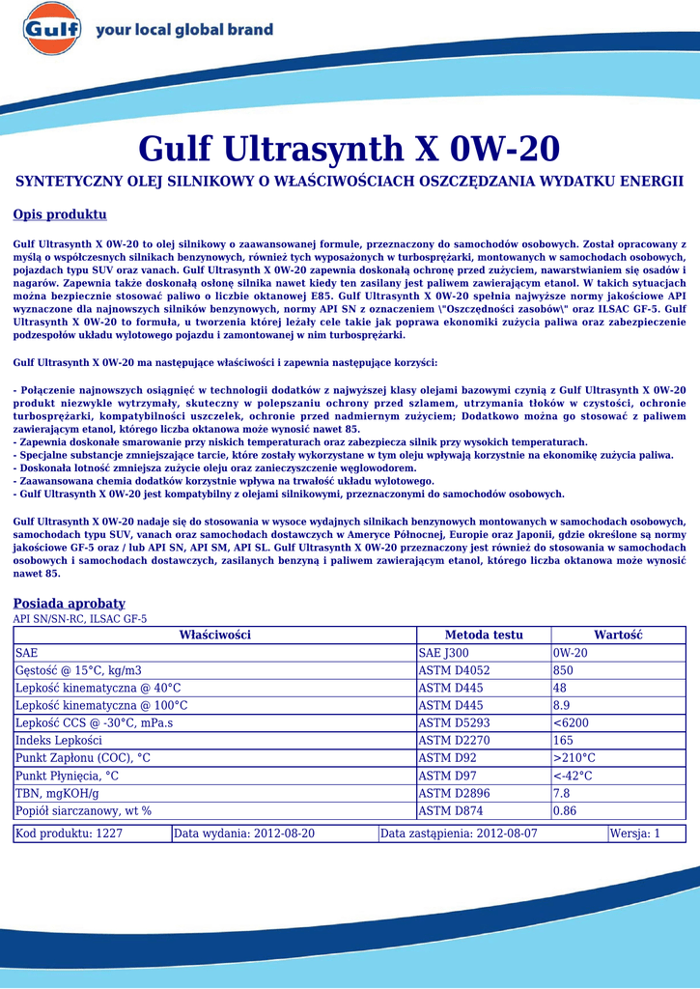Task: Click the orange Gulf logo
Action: pyautogui.click(x=51, y=29)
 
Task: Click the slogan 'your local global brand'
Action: pyautogui.click(x=183, y=30)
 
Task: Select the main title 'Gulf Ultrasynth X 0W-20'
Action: pyautogui.click(x=349, y=149)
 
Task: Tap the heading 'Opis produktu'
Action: pyautogui.click(x=60, y=214)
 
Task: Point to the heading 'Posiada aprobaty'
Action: pyautogui.click(x=69, y=603)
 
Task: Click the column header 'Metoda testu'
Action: pyautogui.click(x=483, y=635)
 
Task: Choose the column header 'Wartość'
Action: pyautogui.click(x=618, y=635)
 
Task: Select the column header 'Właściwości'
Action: pyautogui.click(x=214, y=635)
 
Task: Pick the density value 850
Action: pyautogui.click(x=563, y=670)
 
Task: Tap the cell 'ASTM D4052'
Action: pyautogui.click(x=454, y=670)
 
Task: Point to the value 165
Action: pyautogui.click(x=563, y=740)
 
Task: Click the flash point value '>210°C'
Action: pyautogui.click(x=574, y=758)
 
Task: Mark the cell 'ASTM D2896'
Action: pyautogui.click(x=454, y=793)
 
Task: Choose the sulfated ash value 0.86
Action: pyautogui.click(x=565, y=810)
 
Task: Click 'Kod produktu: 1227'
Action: pyautogui.click(x=70, y=834)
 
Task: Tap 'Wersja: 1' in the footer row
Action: pyautogui.click(x=635, y=834)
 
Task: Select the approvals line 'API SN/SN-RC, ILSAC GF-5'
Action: pyautogui.click(x=79, y=619)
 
